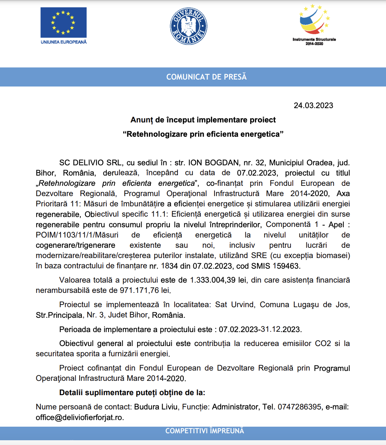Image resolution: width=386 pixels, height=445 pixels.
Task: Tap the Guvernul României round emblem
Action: pyautogui.click(x=189, y=26)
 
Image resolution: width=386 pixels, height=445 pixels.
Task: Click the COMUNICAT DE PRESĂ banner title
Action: pyautogui.click(x=207, y=77)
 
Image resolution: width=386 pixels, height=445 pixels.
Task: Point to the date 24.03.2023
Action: pyautogui.click(x=313, y=106)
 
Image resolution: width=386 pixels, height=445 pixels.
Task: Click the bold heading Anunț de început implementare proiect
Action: pyautogui.click(x=203, y=120)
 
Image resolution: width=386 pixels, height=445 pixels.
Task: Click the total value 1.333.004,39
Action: pyautogui.click(x=213, y=280)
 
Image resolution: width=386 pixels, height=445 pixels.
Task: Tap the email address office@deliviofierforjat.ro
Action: pyautogui.click(x=80, y=418)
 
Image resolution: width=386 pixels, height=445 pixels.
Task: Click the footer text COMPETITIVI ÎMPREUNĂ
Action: pyautogui.click(x=204, y=431)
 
